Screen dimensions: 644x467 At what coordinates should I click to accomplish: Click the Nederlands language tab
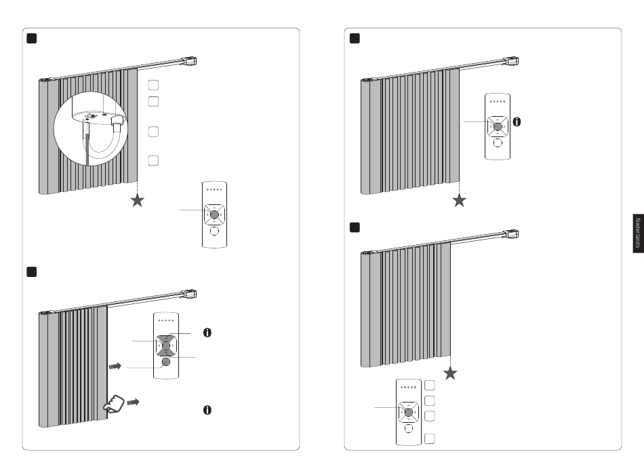coord(639,233)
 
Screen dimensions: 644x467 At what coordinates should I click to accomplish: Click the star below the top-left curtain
coord(138,201)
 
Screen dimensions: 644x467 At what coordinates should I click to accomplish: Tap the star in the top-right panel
coord(460,201)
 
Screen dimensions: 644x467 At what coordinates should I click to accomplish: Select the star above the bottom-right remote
coord(451,373)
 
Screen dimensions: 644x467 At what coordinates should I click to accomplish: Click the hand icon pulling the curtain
coord(114,404)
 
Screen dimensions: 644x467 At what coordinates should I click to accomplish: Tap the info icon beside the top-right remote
coord(517,122)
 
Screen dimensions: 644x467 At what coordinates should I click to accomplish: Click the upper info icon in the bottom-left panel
coord(207,333)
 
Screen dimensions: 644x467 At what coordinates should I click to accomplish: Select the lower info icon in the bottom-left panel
coord(207,410)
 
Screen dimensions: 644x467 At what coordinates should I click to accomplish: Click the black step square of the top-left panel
coord(32,38)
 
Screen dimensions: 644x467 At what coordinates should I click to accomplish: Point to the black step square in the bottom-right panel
coord(355,227)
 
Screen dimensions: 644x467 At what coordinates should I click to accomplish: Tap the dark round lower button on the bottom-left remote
coord(166,362)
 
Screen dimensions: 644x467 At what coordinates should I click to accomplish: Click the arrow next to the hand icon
coord(133,402)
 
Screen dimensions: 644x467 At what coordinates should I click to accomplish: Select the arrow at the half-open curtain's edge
coord(115,366)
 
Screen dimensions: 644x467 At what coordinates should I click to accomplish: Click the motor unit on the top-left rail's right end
coord(190,62)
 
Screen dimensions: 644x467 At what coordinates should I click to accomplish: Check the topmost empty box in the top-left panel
coord(153,85)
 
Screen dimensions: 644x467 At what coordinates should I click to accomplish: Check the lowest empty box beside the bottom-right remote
coord(430,438)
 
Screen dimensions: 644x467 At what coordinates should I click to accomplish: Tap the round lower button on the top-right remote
coord(498,143)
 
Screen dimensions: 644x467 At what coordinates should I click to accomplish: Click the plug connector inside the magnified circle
coord(117,122)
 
